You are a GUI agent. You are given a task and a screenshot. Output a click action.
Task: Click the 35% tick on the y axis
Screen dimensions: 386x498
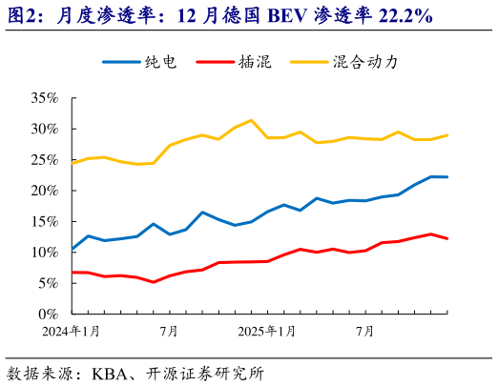[44, 98]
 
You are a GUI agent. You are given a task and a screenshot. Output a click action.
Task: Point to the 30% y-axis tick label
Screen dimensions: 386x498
[44, 129]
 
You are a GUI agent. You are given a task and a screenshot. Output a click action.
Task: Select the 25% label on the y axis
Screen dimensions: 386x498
[44, 159]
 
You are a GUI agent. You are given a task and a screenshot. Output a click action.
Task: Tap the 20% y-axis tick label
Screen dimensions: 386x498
[44, 191]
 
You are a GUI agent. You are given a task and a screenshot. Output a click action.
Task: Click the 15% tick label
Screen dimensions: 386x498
[44, 221]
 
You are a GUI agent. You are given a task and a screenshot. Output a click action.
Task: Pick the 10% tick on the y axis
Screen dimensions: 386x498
[44, 253]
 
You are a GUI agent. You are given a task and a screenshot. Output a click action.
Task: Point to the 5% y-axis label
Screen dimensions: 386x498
[48, 283]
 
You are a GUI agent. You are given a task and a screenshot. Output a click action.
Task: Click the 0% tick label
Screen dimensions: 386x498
[48, 314]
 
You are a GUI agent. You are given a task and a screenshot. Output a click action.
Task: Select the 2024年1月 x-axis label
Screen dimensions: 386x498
[72, 332]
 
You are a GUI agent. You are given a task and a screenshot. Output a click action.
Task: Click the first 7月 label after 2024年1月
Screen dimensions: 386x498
[170, 332]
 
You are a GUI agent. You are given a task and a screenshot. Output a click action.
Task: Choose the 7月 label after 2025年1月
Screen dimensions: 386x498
[364, 332]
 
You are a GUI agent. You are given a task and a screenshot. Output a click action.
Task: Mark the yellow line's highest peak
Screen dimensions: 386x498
[251, 120]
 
